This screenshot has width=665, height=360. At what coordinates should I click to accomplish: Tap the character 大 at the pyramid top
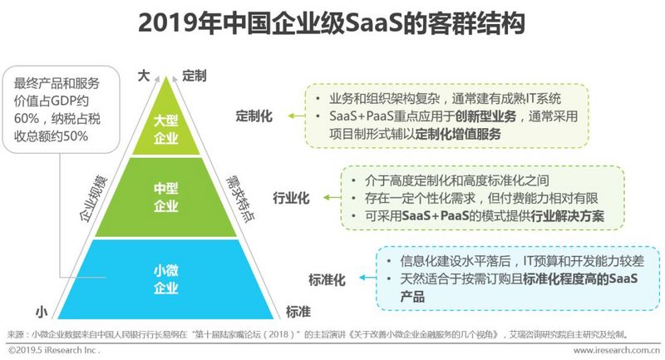pos(143,76)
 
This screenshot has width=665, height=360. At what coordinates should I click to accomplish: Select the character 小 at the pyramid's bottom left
pos(40,312)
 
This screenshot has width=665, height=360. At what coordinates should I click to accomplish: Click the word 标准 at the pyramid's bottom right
pos(298,311)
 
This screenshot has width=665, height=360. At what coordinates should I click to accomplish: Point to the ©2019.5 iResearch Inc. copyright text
pos(54,351)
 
